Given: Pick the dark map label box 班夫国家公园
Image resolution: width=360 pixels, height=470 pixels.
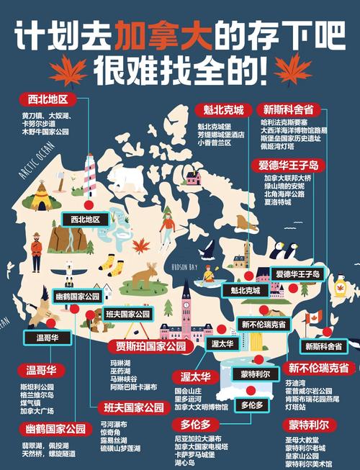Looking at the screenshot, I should [127, 315].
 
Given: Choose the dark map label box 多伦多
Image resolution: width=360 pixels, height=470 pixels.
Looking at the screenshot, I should [252, 405].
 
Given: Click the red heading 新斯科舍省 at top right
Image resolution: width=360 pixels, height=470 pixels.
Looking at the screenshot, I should [288, 110].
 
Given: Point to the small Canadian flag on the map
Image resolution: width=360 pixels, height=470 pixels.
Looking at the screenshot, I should [313, 317].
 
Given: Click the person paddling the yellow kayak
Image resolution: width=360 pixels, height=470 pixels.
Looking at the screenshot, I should [209, 273].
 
